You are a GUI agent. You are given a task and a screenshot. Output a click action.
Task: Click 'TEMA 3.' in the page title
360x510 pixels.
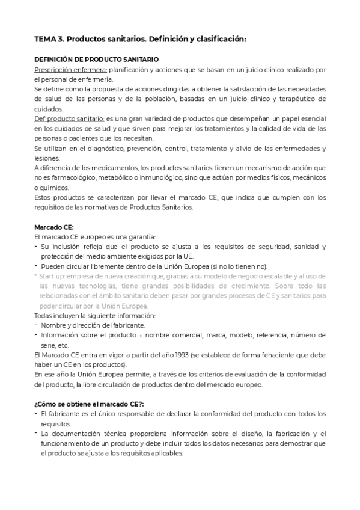click(x=49, y=39)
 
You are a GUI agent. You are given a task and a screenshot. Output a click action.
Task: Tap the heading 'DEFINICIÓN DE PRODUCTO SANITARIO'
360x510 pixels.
click(x=96, y=60)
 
